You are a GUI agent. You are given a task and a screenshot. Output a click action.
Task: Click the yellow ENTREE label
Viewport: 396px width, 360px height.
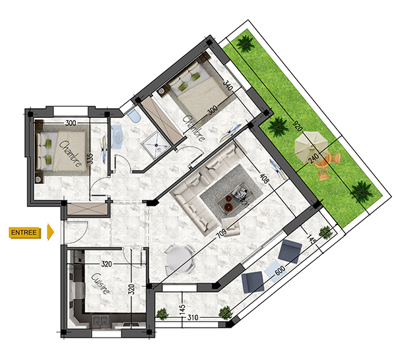(25, 232)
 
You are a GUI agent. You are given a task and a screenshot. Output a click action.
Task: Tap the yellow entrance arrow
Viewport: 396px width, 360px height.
(51, 232)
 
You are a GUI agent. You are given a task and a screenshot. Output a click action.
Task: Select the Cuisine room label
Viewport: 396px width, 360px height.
(100, 284)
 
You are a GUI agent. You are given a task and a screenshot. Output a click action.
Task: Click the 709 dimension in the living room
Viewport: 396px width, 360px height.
(222, 233)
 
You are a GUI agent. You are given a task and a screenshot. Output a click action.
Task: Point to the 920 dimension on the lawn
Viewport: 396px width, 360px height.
(297, 126)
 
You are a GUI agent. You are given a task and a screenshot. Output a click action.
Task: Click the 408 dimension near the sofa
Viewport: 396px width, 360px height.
(264, 178)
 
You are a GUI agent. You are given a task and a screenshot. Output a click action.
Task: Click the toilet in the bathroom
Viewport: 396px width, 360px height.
(134, 115)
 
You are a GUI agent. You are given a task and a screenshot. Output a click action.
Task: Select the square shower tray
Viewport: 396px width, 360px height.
(156, 146)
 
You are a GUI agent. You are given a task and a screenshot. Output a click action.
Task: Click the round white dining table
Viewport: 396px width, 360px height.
(178, 260)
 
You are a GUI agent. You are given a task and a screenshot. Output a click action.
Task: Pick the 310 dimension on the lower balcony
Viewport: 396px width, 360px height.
(193, 317)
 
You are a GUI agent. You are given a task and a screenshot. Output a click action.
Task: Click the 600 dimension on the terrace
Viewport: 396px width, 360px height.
(280, 270)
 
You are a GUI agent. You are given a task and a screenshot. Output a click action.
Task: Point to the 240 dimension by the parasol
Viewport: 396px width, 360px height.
(313, 158)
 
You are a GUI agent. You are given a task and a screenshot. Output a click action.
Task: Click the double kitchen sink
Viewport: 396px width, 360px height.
(100, 321)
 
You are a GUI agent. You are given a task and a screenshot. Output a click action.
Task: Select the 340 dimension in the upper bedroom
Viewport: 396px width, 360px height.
(228, 85)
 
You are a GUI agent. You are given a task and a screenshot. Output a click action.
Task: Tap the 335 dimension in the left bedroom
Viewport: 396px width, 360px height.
(90, 159)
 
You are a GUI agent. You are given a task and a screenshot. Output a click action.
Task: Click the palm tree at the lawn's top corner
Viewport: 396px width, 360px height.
(245, 44)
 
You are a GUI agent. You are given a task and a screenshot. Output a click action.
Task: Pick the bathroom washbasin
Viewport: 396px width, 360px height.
(117, 137)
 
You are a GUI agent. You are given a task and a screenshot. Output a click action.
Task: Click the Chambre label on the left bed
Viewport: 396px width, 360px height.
(71, 154)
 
